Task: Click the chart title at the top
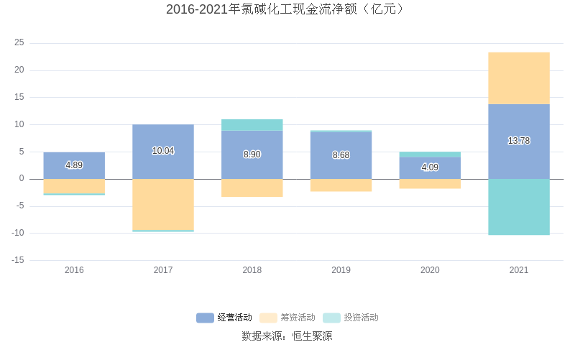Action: click(287, 9)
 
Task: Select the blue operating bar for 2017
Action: click(163, 137)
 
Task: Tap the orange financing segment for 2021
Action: click(519, 78)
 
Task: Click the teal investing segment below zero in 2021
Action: click(519, 207)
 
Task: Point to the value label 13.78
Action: click(519, 141)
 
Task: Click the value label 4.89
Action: click(74, 165)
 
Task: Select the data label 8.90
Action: click(252, 154)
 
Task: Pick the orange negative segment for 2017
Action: click(163, 205)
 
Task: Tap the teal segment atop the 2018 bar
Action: click(252, 125)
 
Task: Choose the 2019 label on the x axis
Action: click(341, 270)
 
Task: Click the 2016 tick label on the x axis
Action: click(74, 270)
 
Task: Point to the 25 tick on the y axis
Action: click(19, 43)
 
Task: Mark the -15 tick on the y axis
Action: click(19, 260)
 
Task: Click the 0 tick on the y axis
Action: click(22, 179)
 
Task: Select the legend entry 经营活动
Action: click(224, 318)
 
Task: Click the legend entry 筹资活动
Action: click(287, 318)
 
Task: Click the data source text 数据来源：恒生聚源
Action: click(287, 336)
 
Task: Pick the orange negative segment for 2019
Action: click(341, 185)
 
